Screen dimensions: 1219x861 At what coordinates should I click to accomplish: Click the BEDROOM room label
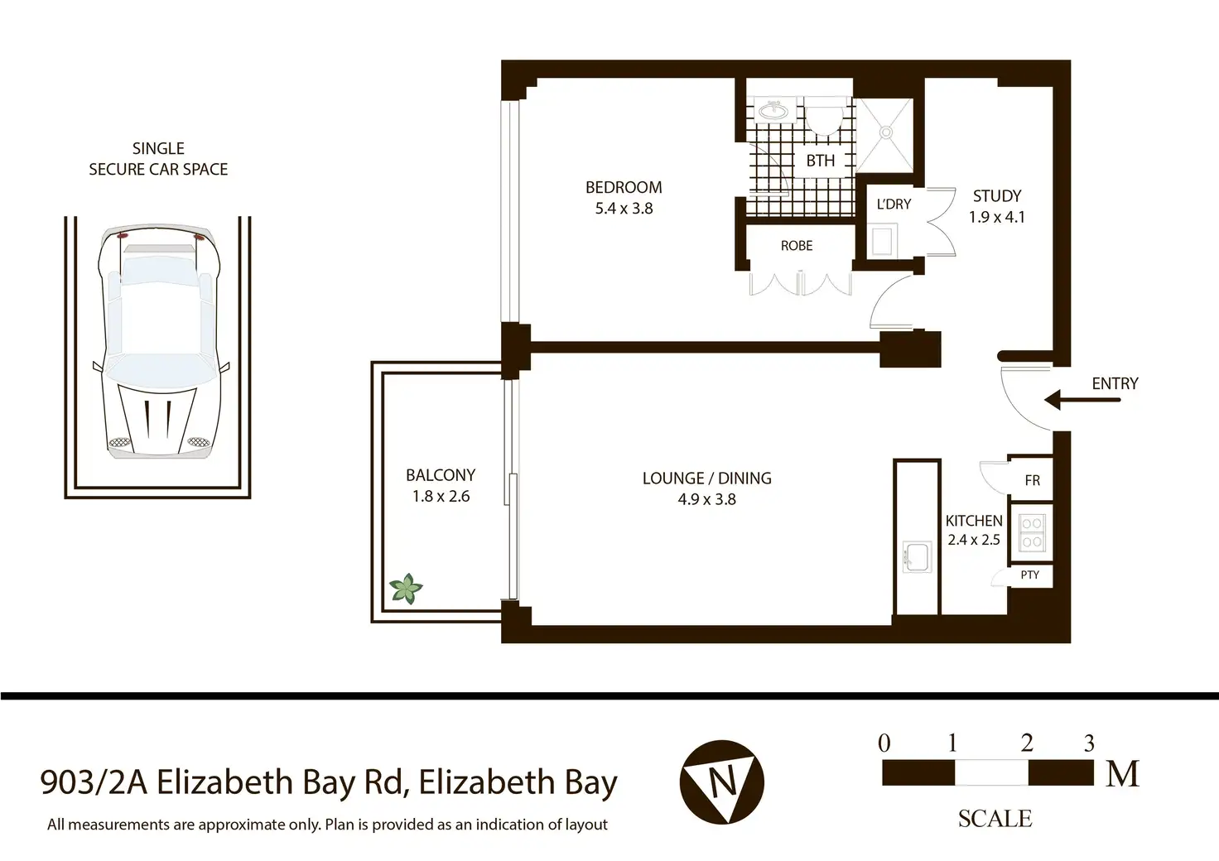624,187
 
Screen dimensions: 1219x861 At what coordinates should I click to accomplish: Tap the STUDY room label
997,196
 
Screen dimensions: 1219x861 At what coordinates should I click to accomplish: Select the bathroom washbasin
773,111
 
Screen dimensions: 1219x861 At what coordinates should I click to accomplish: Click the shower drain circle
886,132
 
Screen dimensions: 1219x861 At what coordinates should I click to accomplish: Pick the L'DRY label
894,204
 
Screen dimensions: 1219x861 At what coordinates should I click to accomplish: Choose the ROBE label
797,246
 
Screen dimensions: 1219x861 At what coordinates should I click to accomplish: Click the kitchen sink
917,556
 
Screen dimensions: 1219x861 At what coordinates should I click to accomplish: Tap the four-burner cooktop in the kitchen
1032,532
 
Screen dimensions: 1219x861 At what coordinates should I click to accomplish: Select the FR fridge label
1033,480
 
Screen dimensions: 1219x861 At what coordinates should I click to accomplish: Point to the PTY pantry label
1030,575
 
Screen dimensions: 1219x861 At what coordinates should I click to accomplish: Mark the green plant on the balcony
406,589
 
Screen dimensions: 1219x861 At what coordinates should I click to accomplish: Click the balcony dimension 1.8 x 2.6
441,496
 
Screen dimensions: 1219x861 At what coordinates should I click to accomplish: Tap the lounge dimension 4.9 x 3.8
707,499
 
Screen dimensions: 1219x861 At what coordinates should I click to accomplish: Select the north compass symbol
721,782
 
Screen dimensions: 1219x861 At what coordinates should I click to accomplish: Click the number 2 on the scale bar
1027,743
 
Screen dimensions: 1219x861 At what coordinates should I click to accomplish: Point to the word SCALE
995,819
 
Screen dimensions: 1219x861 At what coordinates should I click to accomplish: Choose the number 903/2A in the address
94,782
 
